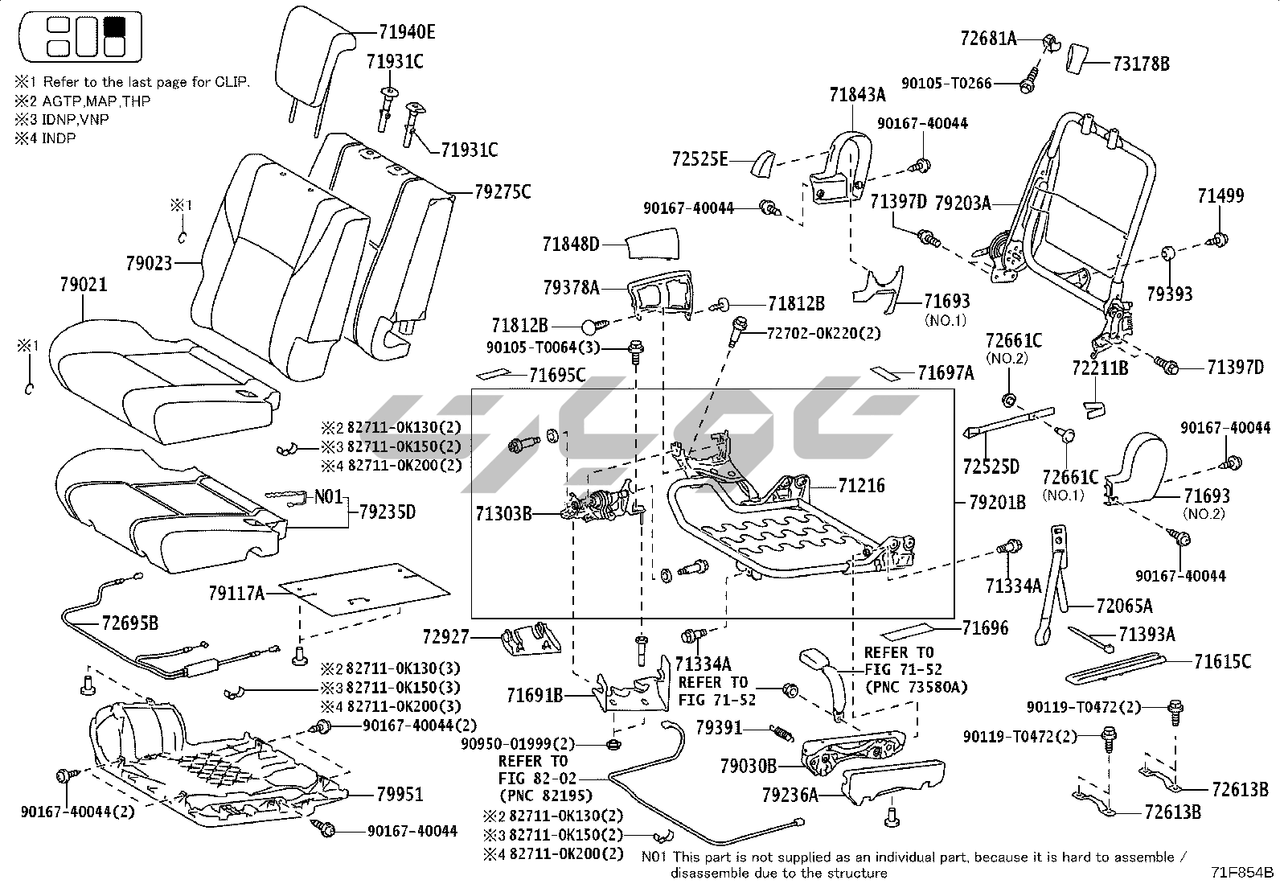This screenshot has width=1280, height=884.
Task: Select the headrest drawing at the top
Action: [318, 60]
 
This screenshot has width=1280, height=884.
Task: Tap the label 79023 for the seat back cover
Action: [149, 262]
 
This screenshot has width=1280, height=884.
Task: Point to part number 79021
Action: [84, 285]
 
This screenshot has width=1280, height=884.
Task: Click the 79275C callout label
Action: [502, 192]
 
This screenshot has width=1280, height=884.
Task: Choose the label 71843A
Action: [857, 95]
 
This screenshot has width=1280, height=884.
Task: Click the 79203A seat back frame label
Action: [964, 204]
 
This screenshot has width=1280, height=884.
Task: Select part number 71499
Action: [1220, 195]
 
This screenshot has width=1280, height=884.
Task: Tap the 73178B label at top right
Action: [1141, 64]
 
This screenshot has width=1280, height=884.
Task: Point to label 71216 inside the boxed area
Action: [861, 486]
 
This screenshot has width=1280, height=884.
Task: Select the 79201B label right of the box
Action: [997, 503]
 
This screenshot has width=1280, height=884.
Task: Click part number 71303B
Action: [503, 512]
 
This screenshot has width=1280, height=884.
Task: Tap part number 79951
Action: [400, 794]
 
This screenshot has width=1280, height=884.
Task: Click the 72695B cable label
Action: [129, 622]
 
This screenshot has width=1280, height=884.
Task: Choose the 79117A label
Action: [236, 594]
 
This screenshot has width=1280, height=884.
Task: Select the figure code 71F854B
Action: [1243, 872]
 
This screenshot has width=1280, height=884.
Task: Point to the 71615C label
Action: [1222, 662]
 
